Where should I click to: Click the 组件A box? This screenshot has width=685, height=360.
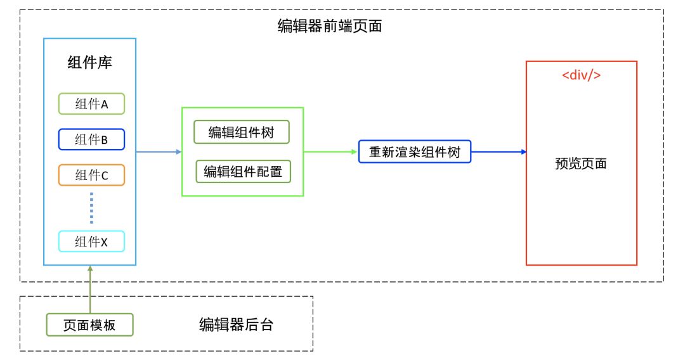click(x=91, y=104)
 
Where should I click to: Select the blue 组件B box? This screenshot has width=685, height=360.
click(x=91, y=139)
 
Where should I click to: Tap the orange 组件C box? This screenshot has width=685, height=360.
click(x=91, y=175)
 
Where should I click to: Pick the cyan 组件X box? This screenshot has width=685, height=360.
click(x=91, y=241)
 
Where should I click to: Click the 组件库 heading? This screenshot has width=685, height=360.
click(x=90, y=62)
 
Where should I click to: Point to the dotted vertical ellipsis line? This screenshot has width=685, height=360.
click(x=91, y=208)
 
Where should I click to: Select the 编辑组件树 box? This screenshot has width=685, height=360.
click(x=242, y=132)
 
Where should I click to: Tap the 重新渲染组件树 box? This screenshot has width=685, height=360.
click(x=415, y=152)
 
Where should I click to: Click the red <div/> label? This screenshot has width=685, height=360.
click(x=581, y=75)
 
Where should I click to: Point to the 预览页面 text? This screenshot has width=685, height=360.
click(x=581, y=164)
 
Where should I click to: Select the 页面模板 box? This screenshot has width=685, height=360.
click(x=89, y=325)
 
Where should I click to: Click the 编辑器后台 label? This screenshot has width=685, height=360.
click(x=236, y=325)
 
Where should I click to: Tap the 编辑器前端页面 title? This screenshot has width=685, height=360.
click(x=330, y=26)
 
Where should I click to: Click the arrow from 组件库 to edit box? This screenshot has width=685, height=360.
click(x=159, y=152)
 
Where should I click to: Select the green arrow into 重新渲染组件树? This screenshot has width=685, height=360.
click(x=330, y=152)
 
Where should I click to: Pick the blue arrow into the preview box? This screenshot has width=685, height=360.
click(x=499, y=152)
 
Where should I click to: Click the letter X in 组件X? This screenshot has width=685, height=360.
click(x=104, y=241)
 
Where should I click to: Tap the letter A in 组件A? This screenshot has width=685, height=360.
click(x=104, y=104)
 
